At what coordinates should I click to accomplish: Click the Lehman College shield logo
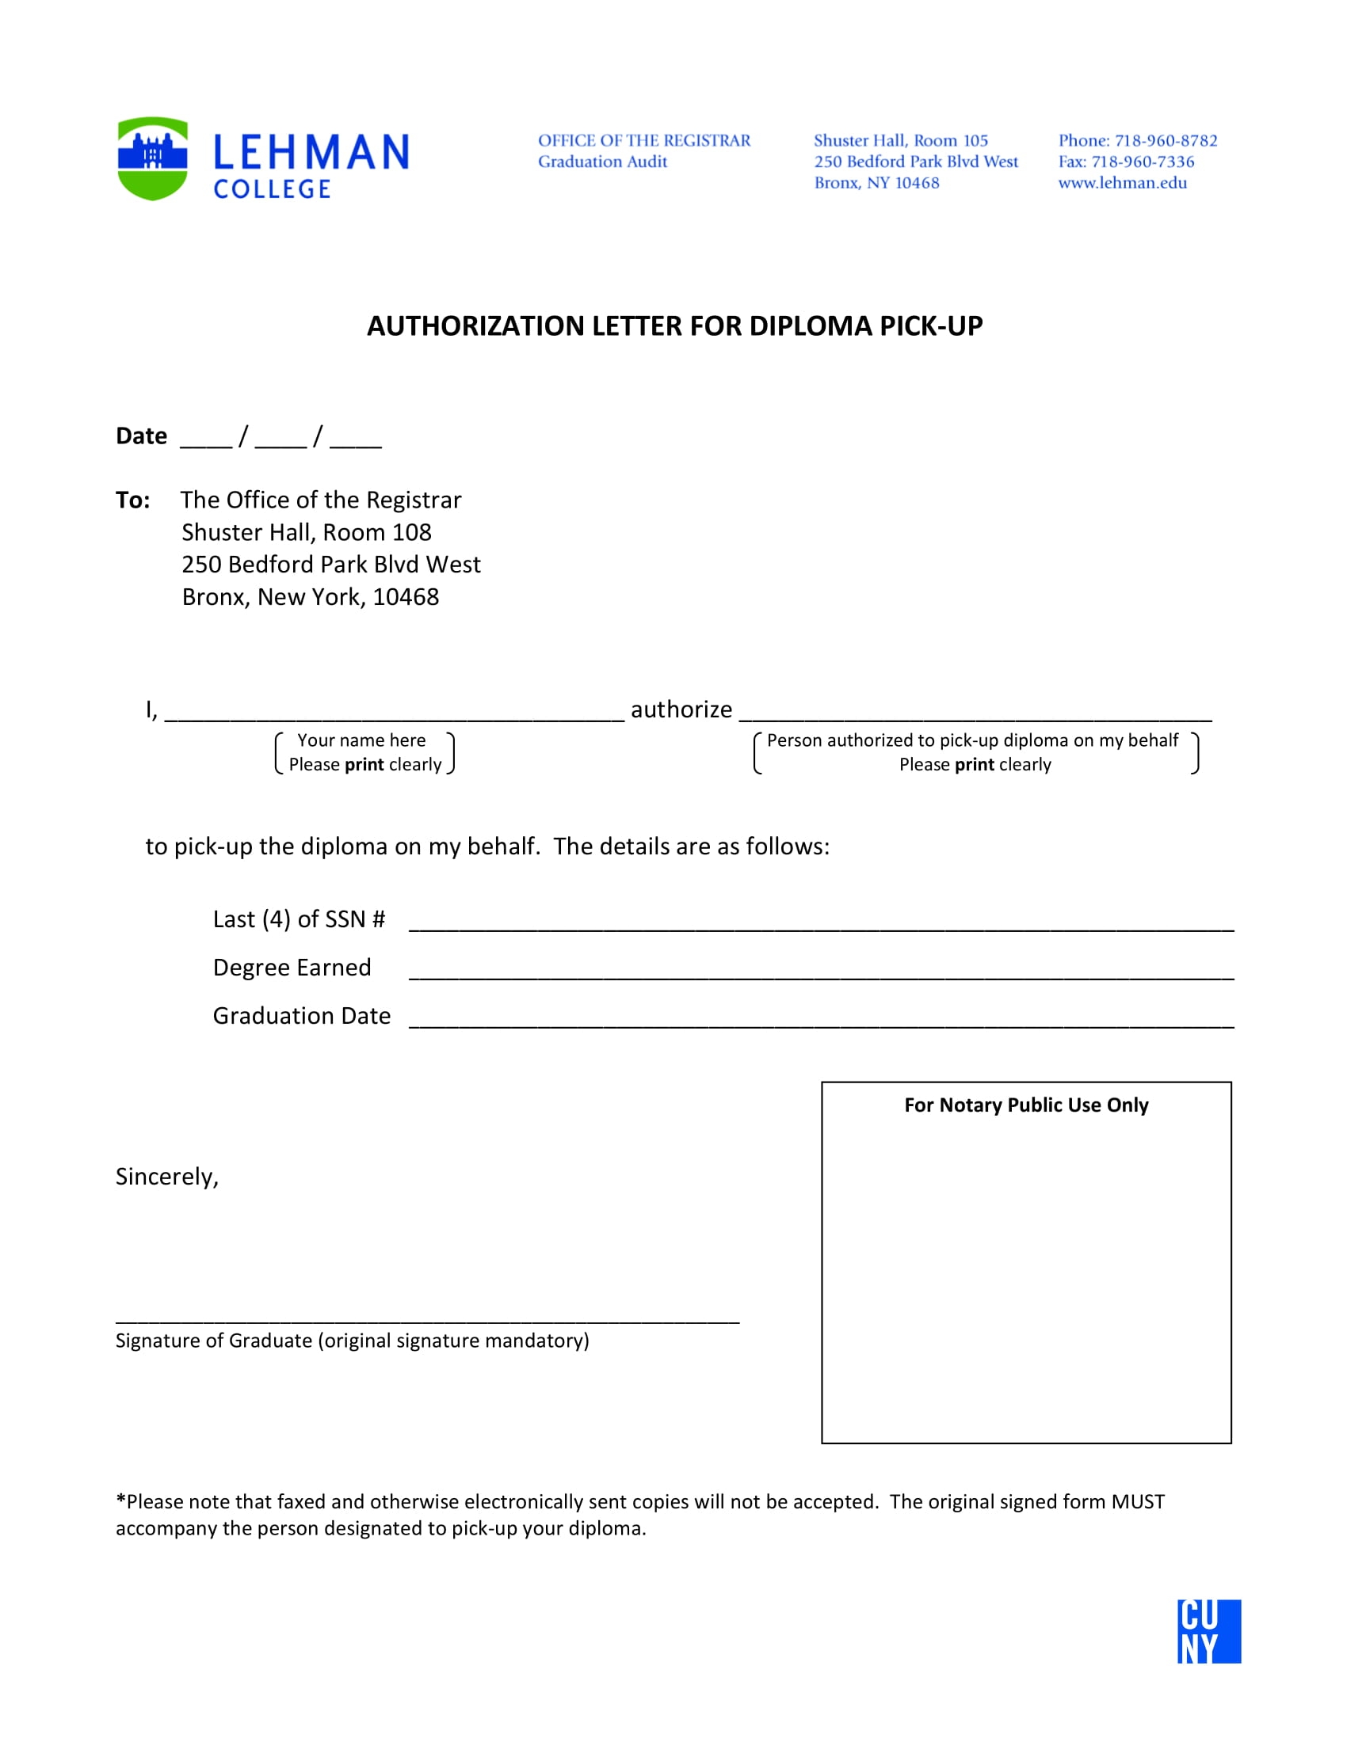point(152,158)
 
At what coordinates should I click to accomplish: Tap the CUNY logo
point(1208,1631)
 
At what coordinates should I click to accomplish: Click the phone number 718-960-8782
point(1165,140)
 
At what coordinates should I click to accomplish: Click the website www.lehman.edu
point(1122,183)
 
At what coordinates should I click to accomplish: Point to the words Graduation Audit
point(601,162)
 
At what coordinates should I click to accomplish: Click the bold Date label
point(141,436)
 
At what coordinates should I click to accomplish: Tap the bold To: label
point(132,500)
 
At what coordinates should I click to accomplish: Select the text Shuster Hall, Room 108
point(307,532)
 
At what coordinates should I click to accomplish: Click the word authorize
point(681,709)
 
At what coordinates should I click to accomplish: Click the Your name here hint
point(361,740)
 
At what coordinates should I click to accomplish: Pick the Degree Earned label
point(292,968)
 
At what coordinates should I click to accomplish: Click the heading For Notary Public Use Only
point(1025,1105)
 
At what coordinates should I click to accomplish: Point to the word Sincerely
point(166,1177)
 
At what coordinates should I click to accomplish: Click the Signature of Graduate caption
point(352,1341)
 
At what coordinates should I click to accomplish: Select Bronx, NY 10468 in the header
point(876,183)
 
